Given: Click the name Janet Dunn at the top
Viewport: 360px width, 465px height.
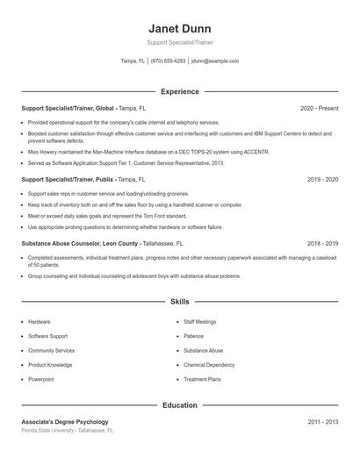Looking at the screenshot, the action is [x=179, y=27].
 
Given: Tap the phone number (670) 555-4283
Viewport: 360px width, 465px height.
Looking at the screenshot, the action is [x=168, y=61].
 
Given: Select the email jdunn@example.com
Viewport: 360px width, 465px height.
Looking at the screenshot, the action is [x=214, y=61].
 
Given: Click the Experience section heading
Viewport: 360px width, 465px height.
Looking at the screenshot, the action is [x=179, y=91].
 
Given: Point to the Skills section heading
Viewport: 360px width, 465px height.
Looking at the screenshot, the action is [x=179, y=302].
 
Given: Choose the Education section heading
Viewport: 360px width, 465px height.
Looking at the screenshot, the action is [x=179, y=405].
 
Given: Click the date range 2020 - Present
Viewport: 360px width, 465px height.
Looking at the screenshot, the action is [x=319, y=108].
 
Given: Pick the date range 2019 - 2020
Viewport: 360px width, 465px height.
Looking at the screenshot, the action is [x=322, y=178].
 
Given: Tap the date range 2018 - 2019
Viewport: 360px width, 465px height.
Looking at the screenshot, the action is [x=322, y=243].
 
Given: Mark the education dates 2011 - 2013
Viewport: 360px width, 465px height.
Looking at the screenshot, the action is [x=322, y=422].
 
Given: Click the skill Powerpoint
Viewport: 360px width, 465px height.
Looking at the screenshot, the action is [x=40, y=379].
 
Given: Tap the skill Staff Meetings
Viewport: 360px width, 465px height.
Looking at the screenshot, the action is [x=200, y=322].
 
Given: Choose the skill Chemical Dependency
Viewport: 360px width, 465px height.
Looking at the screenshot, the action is [x=209, y=365].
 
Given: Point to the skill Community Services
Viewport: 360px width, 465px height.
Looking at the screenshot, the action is [x=51, y=351].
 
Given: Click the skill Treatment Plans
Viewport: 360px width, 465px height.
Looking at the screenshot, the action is [x=202, y=379].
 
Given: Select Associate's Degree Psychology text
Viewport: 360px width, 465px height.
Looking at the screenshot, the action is [x=65, y=422].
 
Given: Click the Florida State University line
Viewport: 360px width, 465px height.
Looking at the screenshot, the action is [x=68, y=431].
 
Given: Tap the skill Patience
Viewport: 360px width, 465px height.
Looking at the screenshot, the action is [x=193, y=336].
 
